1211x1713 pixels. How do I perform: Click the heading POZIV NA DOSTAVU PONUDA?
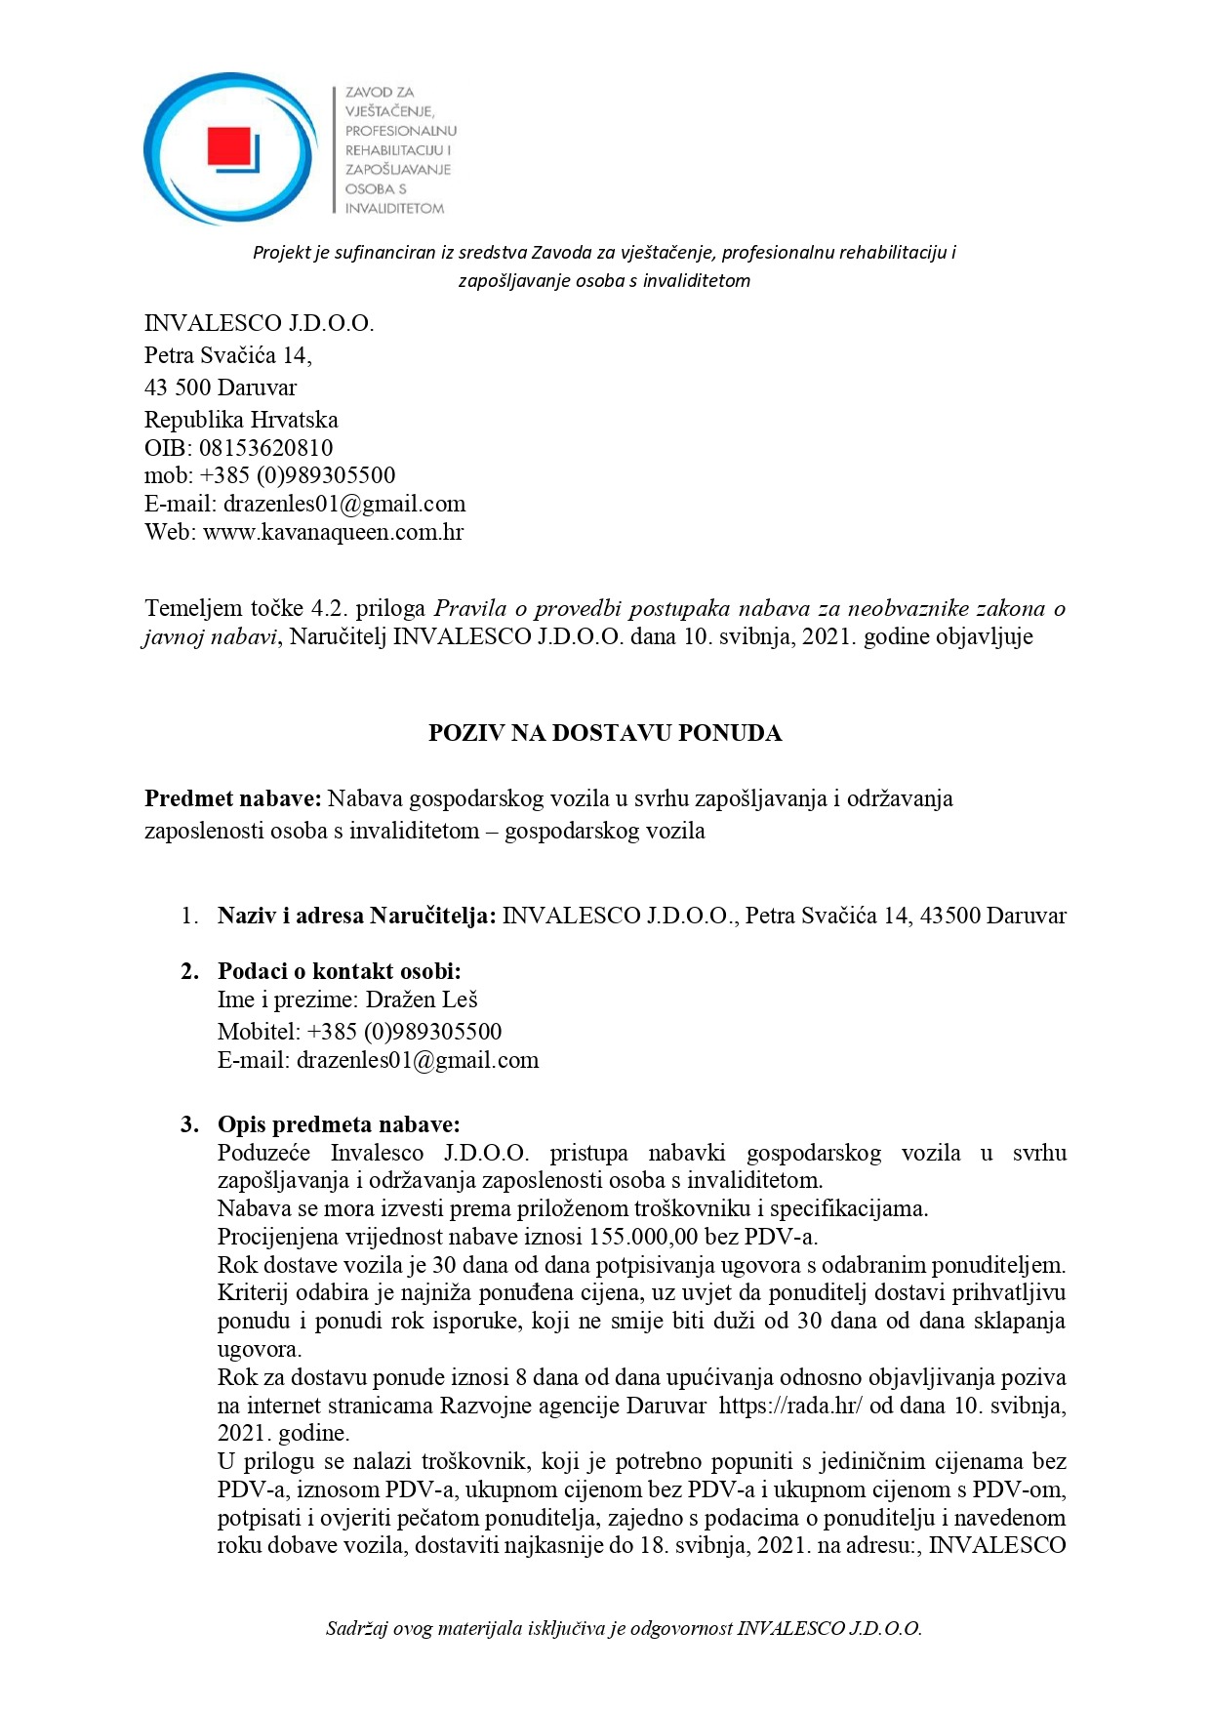(x=605, y=733)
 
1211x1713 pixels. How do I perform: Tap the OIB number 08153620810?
(x=265, y=448)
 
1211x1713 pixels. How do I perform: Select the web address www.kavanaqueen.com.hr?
(x=333, y=532)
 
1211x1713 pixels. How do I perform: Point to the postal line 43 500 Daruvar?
(x=220, y=387)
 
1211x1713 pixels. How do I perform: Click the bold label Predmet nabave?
(x=232, y=798)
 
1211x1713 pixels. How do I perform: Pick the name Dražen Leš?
(x=422, y=999)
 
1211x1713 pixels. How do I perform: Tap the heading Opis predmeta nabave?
(x=338, y=1124)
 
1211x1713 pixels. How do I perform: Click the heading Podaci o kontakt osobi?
(x=339, y=971)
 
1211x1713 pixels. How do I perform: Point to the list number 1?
(x=189, y=916)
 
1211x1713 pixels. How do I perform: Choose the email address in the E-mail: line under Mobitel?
(x=418, y=1060)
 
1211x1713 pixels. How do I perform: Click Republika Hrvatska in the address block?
(x=241, y=420)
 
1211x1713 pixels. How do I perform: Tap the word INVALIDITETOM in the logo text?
(x=394, y=209)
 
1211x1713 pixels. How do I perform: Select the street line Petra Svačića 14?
(x=227, y=355)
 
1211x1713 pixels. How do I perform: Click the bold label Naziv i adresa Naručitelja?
(x=356, y=916)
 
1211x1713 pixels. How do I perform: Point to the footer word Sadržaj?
(x=357, y=1628)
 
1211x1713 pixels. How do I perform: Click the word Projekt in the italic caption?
(x=281, y=253)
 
